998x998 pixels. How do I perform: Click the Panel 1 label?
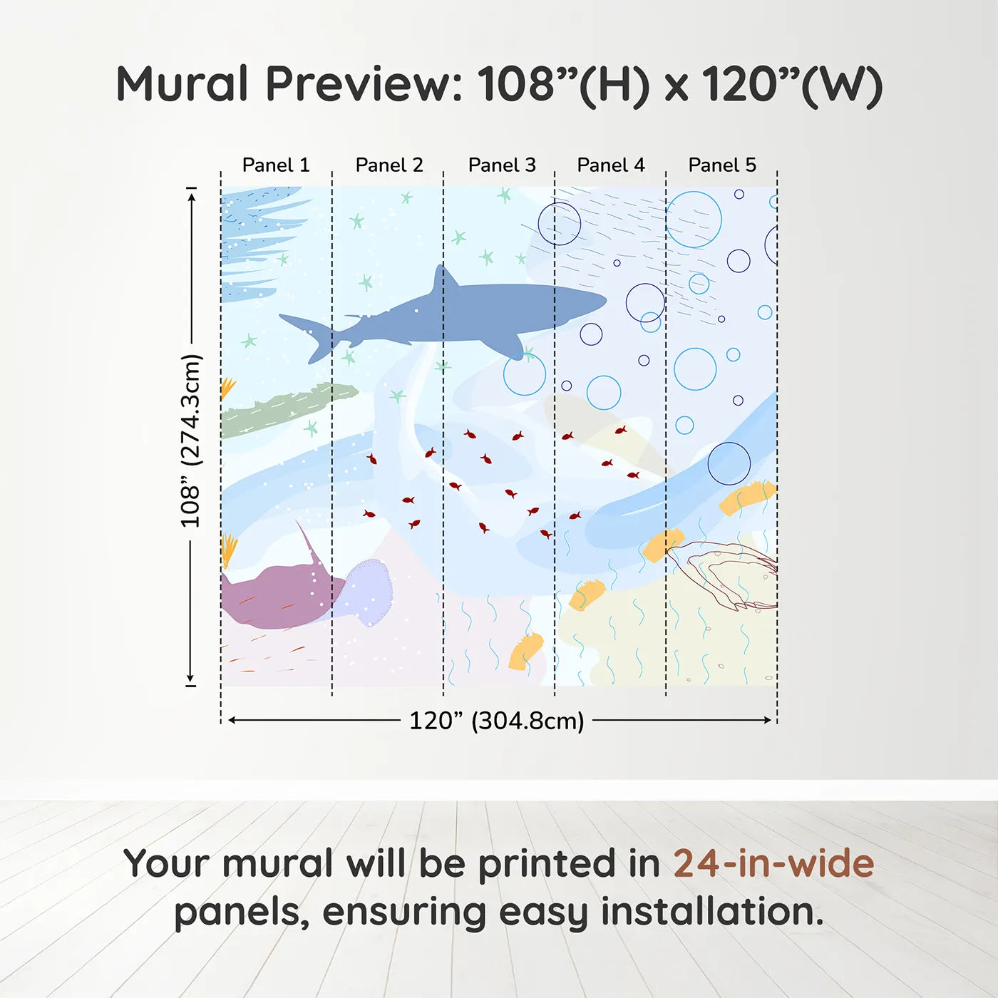coord(276,165)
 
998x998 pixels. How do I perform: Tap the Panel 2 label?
coord(389,165)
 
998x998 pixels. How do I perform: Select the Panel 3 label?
coord(502,165)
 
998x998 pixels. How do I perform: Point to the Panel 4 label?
coord(611,165)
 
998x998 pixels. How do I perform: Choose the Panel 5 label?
coord(722,165)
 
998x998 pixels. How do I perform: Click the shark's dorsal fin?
coord(443,279)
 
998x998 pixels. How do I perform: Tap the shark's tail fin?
coord(314,335)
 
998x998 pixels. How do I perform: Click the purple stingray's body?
coord(274,595)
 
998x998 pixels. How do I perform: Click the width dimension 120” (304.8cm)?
coord(497,721)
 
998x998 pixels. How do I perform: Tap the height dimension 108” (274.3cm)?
coord(191,441)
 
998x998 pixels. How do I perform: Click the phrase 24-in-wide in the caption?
coord(773,863)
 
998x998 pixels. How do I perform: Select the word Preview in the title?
coord(364,84)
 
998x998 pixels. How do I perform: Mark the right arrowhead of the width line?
coord(768,720)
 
